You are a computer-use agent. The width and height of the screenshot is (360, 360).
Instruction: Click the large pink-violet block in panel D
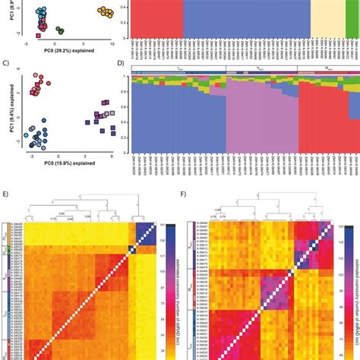[262, 114]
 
